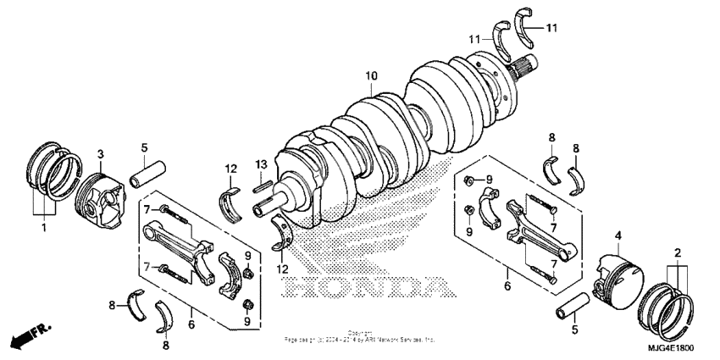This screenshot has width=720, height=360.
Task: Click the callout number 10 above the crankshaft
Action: pos(370,76)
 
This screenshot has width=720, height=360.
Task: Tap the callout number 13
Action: pos(262,163)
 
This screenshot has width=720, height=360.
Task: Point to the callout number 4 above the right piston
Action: pos(618,235)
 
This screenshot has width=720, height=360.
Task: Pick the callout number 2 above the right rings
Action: pos(678,253)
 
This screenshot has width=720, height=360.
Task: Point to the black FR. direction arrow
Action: pos(26,336)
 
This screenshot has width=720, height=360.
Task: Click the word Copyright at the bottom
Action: pos(360,332)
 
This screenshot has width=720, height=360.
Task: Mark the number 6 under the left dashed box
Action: pos(191,323)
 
